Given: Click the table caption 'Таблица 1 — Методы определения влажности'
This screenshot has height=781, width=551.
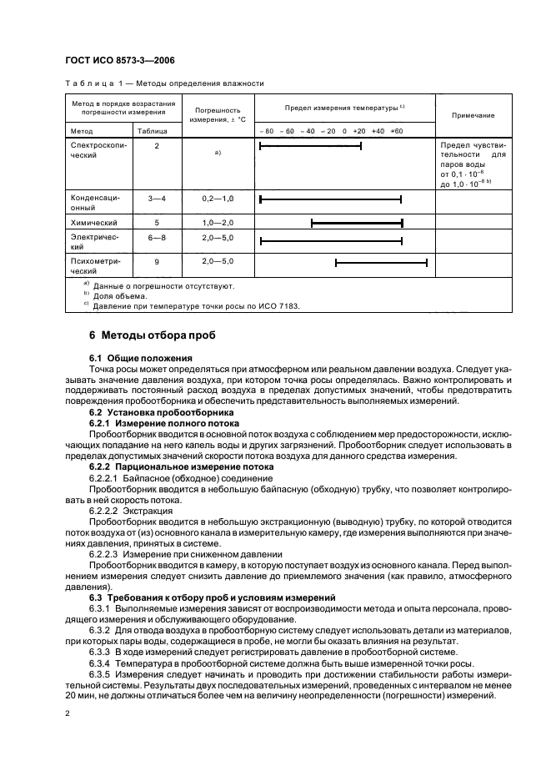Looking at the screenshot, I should (164, 83).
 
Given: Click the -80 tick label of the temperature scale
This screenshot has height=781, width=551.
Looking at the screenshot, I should (266, 131).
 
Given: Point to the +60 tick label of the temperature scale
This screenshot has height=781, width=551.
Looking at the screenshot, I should (396, 131).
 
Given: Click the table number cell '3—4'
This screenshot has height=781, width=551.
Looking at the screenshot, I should (157, 198).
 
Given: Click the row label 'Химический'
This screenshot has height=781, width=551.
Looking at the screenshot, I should (93, 223).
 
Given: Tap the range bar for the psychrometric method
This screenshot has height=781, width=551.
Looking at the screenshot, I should (381, 263).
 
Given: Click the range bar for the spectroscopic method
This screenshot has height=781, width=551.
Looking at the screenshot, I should (310, 146).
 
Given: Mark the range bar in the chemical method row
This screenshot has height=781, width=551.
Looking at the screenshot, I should (357, 223).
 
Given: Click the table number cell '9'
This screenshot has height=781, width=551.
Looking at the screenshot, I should (157, 263).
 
